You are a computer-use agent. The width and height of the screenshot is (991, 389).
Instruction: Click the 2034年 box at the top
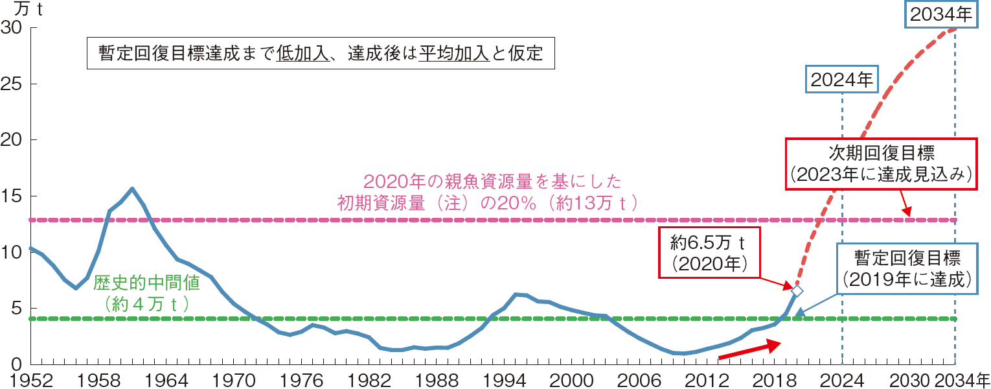(x=941, y=14)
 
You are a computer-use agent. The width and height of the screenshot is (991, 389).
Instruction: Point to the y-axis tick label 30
(x=12, y=28)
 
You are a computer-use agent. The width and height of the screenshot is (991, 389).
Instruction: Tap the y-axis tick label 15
(x=12, y=196)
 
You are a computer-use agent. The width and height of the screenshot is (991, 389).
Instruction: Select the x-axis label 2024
(x=842, y=379)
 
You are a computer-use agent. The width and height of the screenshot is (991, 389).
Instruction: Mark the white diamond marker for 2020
(x=797, y=291)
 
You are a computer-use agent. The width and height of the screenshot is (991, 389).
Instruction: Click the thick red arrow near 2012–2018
(x=748, y=350)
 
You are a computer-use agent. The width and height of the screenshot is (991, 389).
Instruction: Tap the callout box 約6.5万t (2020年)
(x=710, y=253)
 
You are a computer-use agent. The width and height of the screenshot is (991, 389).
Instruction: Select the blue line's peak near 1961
(x=132, y=189)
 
